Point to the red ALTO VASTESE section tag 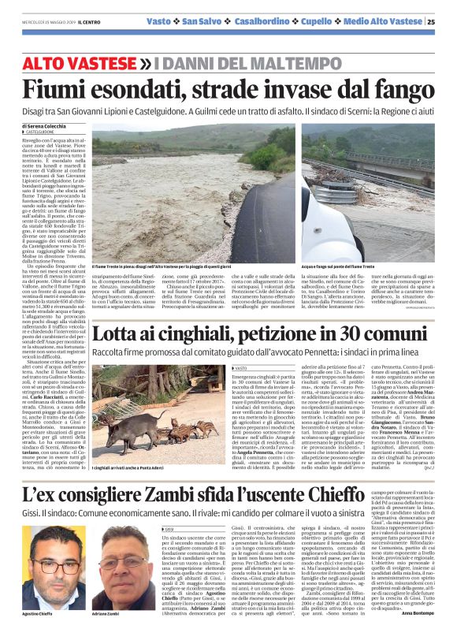(87, 62)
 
